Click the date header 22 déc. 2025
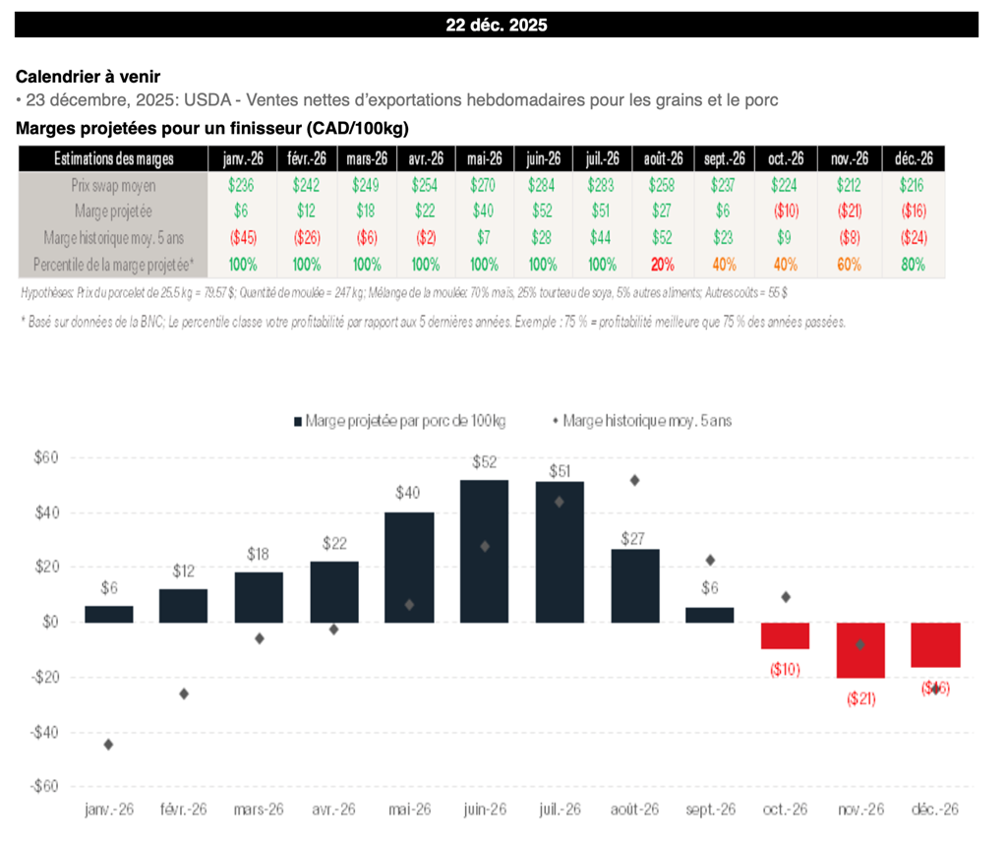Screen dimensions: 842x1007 496,26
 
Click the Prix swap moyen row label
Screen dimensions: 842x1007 113,185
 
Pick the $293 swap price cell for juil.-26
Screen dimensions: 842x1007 602,185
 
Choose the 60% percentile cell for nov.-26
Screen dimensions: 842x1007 851,265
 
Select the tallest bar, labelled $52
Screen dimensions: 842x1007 484,551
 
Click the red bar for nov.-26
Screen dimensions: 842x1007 860,650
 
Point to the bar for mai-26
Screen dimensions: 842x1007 409,567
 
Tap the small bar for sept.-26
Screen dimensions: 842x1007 709,615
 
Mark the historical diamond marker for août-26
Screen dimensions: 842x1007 634,480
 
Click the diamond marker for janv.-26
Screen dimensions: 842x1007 108,745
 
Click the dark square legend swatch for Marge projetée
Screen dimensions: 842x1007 298,421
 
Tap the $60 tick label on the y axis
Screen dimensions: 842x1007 45,457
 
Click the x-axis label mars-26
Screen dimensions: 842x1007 260,809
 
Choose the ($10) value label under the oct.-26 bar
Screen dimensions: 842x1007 785,670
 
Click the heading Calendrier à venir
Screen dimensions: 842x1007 88,77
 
